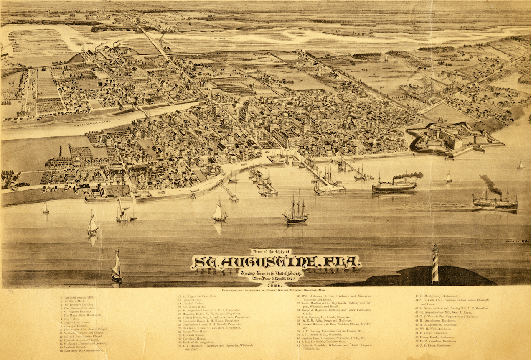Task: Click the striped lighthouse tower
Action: coord(435,264)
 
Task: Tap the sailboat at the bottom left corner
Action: coord(116,268)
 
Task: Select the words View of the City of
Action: coord(271,251)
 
